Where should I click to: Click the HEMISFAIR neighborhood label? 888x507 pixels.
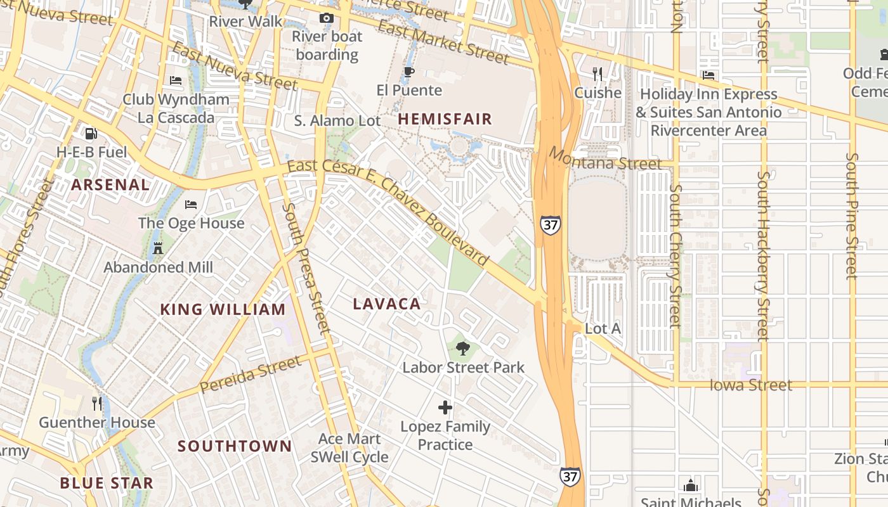[x=445, y=119]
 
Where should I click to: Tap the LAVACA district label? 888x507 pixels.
[x=387, y=304]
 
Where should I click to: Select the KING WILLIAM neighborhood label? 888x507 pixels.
[x=223, y=310]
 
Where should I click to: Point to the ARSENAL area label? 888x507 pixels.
[x=110, y=185]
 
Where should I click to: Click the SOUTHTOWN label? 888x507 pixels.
[x=235, y=446]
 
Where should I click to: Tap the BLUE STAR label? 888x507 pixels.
[x=107, y=483]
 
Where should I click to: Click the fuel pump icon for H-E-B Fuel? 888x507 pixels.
[x=91, y=134]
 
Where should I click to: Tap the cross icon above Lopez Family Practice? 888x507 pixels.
[x=445, y=408]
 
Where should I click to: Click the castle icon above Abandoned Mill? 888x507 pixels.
[x=158, y=248]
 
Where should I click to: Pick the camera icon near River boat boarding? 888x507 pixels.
[x=327, y=18]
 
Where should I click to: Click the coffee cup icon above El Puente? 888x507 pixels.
[x=409, y=72]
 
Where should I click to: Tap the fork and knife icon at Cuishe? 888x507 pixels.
[x=597, y=74]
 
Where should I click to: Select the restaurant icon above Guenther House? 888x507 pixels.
[x=97, y=403]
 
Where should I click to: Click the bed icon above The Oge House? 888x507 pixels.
[x=191, y=204]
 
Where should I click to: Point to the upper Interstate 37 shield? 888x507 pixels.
[x=550, y=225]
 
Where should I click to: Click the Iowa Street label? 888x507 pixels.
[x=750, y=385]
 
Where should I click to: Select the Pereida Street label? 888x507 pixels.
[x=250, y=375]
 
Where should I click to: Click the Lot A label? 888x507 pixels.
[x=603, y=329]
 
